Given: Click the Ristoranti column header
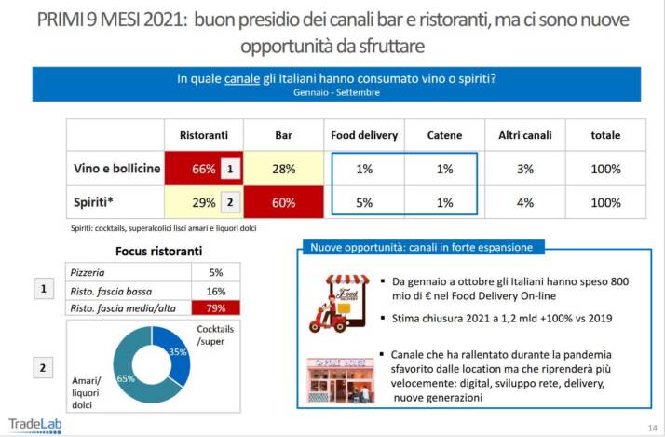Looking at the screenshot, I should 204,135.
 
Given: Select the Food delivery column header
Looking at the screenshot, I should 364,135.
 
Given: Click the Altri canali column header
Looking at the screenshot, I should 525,135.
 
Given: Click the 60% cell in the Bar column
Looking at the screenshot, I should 284,202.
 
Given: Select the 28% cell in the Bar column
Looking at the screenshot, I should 284,169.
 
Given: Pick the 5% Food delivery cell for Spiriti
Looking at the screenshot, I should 364,202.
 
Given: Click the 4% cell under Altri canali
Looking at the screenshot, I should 525,202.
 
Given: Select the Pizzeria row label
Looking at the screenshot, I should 90,272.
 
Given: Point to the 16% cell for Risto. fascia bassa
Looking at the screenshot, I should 216,291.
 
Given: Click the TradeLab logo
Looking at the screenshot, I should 35,422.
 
